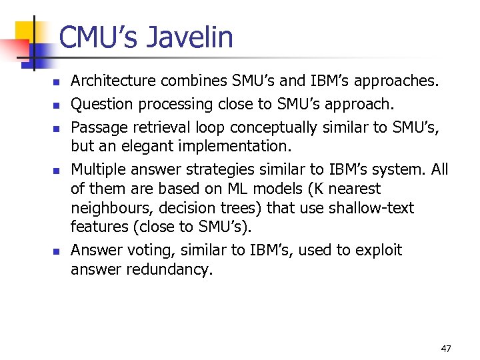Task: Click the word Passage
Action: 98,127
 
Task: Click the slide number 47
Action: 446,348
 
